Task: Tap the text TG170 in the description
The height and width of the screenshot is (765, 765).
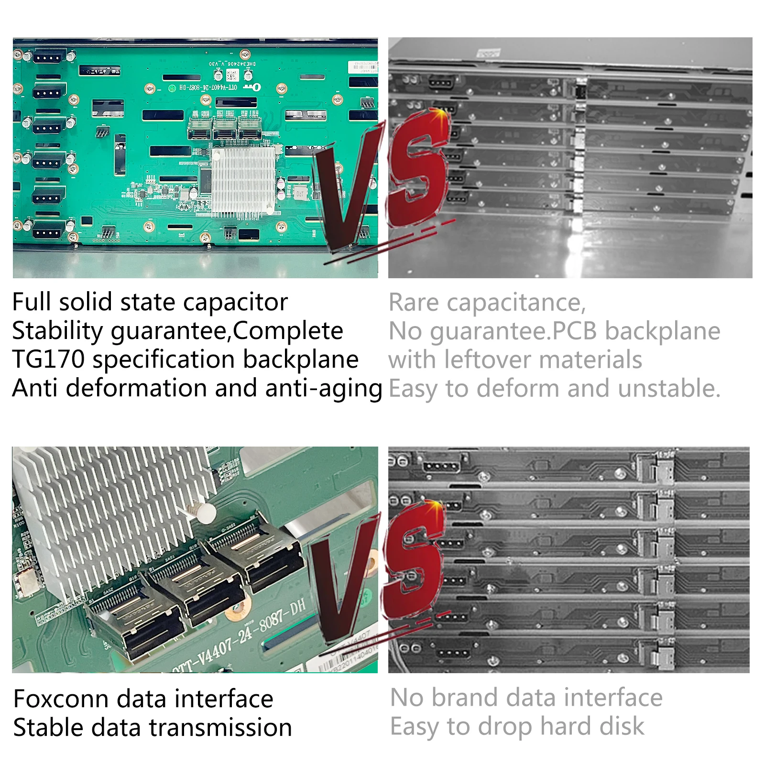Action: click(x=48, y=360)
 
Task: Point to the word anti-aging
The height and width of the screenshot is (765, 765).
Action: click(x=324, y=388)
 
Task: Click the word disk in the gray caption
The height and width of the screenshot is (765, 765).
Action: click(x=622, y=727)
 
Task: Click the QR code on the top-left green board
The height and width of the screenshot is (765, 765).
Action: click(x=232, y=76)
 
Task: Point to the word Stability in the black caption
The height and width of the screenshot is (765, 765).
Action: click(x=55, y=331)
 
